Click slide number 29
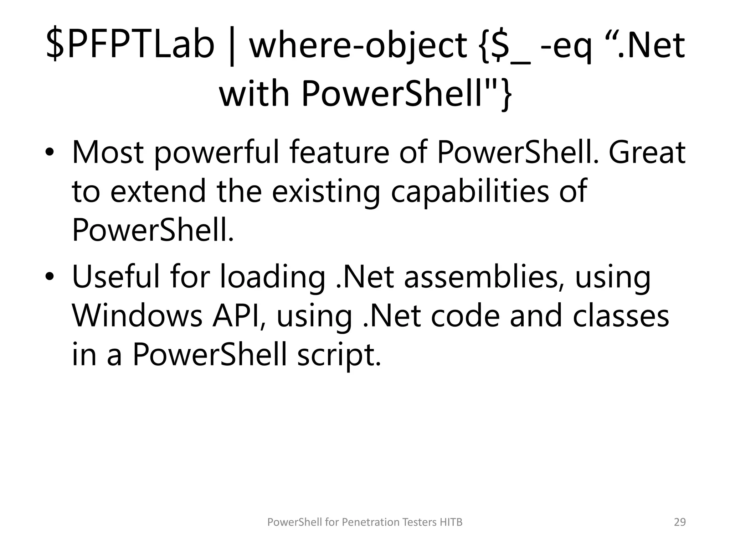point(680,522)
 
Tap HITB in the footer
point(451,522)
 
